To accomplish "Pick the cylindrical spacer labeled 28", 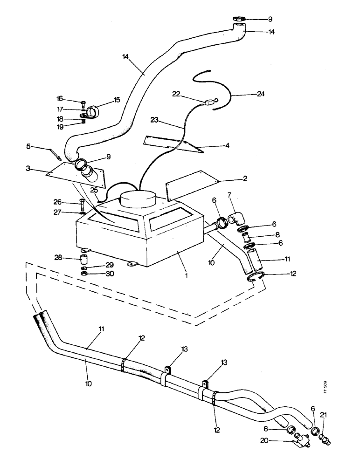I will point(83,259).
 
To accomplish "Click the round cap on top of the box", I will point(140,199).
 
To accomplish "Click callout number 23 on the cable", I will point(156,120).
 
